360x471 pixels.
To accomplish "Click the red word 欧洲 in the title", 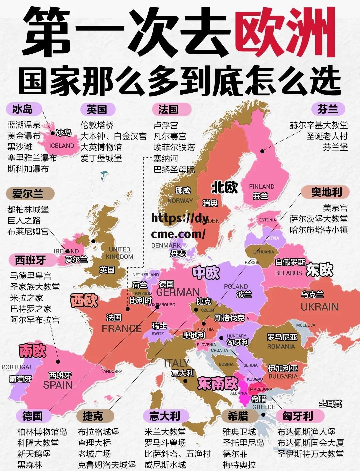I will click(x=286, y=33).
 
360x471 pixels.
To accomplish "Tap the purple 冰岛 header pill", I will click(x=23, y=109).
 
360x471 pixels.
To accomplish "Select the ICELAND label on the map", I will click(x=62, y=146).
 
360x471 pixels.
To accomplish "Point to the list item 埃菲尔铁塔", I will click(x=174, y=147).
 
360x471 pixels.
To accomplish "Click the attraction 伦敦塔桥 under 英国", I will click(x=97, y=125).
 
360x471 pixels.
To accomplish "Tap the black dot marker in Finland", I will click(x=262, y=151).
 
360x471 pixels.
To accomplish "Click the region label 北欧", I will click(x=224, y=188).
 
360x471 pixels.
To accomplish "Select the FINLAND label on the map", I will click(x=262, y=187).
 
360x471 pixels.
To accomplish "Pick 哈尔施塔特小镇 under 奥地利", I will click(x=319, y=230).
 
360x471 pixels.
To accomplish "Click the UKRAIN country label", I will click(x=319, y=307).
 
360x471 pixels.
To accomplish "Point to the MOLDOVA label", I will click(x=306, y=325).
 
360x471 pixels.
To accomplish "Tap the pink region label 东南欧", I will click(x=218, y=383).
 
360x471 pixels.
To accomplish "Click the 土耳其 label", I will click(x=330, y=404).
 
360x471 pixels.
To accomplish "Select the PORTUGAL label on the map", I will click(x=17, y=367).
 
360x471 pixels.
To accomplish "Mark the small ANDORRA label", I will click(x=113, y=371).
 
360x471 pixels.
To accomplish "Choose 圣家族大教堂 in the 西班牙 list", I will click(x=35, y=287).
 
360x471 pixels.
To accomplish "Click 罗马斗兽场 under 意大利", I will click(x=165, y=443).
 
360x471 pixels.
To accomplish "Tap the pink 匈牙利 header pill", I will click(x=298, y=416).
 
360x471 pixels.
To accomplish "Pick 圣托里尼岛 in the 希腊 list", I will click(x=243, y=443).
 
